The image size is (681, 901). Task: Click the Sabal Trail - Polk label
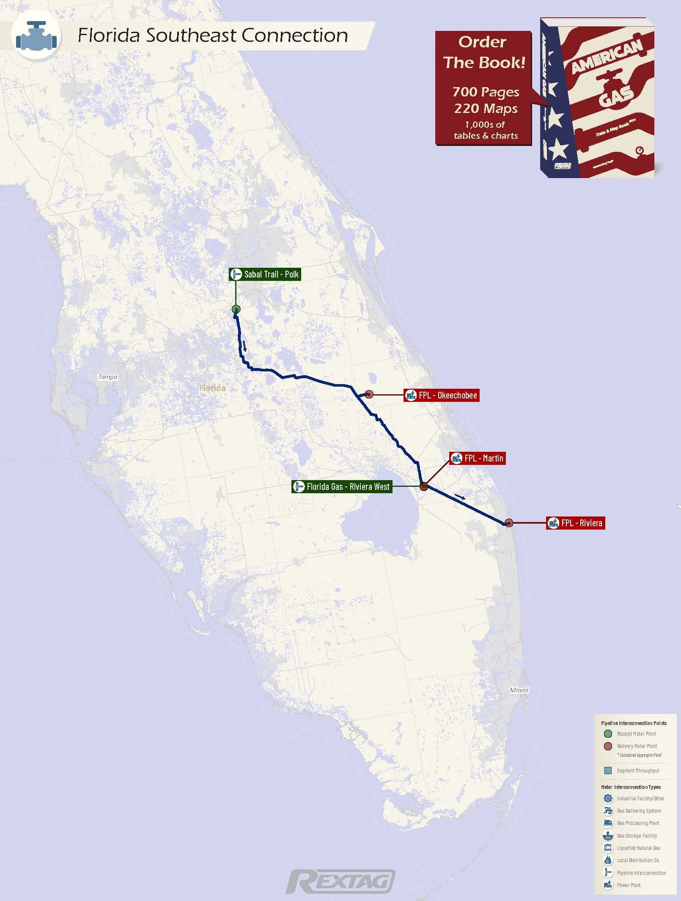pos(265,274)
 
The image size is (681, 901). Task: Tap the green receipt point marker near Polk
pos(236,309)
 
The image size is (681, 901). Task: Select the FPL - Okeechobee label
pos(442,395)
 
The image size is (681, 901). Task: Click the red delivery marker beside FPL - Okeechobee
pos(369,394)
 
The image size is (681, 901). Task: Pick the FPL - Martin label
pos(478,458)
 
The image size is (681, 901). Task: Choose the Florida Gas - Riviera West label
pos(342,487)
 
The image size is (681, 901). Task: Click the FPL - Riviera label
pos(576,523)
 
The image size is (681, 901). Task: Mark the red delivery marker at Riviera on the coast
pos(509,523)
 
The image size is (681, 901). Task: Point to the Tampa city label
pos(108,377)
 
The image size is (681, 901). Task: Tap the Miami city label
pos(519,690)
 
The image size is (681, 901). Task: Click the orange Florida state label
pos(212,388)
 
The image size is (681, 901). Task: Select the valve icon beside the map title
pos(36,36)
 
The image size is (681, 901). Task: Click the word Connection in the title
pos(295,35)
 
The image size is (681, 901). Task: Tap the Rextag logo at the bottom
pos(340,881)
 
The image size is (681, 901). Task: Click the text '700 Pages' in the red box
pos(485,92)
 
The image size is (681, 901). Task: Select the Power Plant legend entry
pos(628,885)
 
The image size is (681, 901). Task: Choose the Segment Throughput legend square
pos(608,771)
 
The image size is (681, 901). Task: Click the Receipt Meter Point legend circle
pos(608,733)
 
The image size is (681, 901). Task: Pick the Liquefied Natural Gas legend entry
pos(638,848)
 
